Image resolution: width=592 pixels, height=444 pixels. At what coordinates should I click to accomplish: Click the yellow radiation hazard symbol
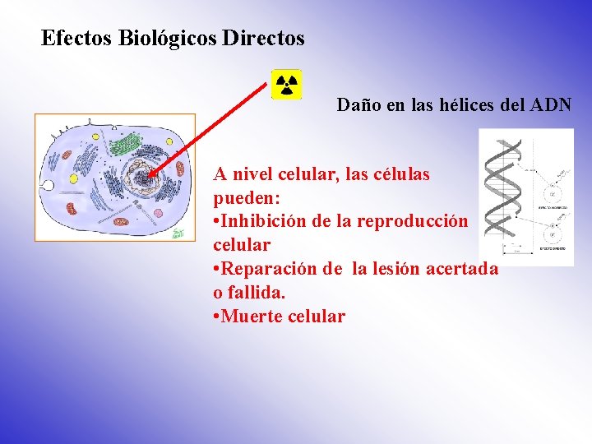tap(287, 84)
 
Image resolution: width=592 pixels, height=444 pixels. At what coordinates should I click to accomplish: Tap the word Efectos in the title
tap(76, 38)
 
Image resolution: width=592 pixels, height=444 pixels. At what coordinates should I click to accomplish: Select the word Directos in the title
tap(263, 38)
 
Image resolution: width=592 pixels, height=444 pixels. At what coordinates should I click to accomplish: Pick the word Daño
tap(357, 105)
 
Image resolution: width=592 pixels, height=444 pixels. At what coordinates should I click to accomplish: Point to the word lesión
tap(395, 269)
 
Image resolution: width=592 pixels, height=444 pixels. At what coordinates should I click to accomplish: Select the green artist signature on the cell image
tap(177, 234)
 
